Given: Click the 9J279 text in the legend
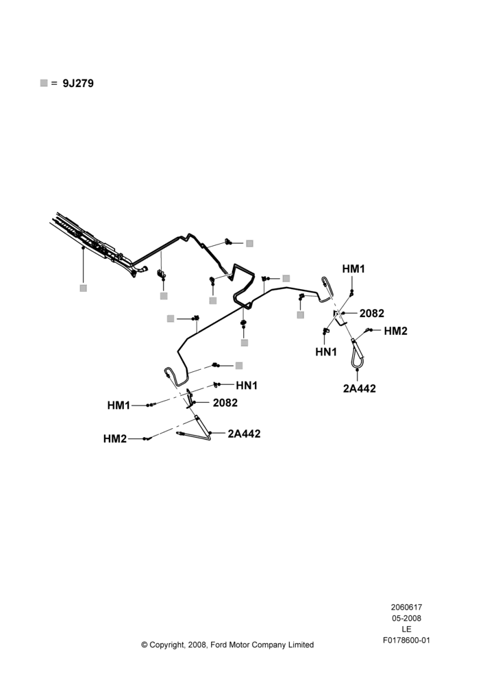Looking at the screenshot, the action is [x=78, y=84].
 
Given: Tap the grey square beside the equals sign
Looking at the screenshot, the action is [x=44, y=83].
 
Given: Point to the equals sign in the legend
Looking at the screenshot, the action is [x=54, y=84].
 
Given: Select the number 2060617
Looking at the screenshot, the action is [x=406, y=607].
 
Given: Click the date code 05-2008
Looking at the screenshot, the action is [x=406, y=618].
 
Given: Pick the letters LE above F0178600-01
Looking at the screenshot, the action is [x=406, y=629].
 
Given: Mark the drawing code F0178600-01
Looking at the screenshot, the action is [x=406, y=640].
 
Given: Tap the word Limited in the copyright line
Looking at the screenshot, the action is [x=301, y=645].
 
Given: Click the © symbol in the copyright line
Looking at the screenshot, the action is [x=144, y=645].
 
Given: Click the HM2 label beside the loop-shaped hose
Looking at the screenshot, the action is [x=395, y=331].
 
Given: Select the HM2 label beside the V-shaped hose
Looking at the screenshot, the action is [x=115, y=438].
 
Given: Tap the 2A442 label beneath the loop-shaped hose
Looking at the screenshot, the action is [x=359, y=388].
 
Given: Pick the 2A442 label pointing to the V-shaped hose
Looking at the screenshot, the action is [x=244, y=434].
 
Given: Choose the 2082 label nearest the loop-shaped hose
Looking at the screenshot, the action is [x=372, y=313].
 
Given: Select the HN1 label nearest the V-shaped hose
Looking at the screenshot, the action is [x=247, y=385].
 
